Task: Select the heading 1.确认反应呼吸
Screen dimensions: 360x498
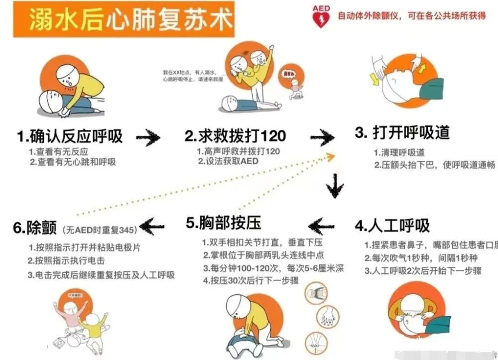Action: [x=70, y=136]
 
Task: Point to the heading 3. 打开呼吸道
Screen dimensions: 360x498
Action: [x=402, y=132]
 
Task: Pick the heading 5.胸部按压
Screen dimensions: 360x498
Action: [x=224, y=223]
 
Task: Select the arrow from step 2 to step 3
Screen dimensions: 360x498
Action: [x=322, y=137]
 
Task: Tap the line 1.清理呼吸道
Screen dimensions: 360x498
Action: [x=399, y=152]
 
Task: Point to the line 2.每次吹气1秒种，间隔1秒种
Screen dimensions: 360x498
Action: [x=421, y=258]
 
